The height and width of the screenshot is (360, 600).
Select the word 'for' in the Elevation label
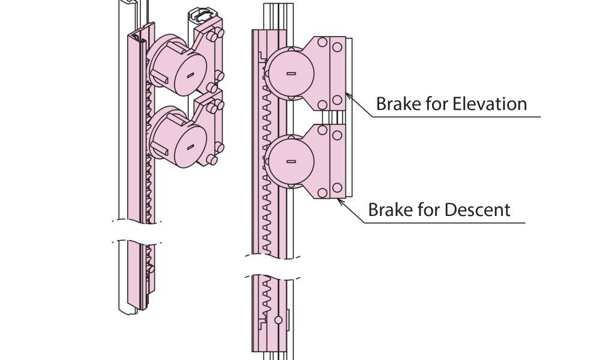coord(429,104)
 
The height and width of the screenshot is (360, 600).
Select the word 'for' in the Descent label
coord(421,210)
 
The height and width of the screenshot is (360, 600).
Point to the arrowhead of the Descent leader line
coord(340,200)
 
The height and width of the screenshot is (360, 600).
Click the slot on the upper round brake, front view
coord(291,73)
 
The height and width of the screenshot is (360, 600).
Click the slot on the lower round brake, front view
coord(291,161)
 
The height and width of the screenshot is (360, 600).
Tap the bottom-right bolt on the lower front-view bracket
coord(338,192)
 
